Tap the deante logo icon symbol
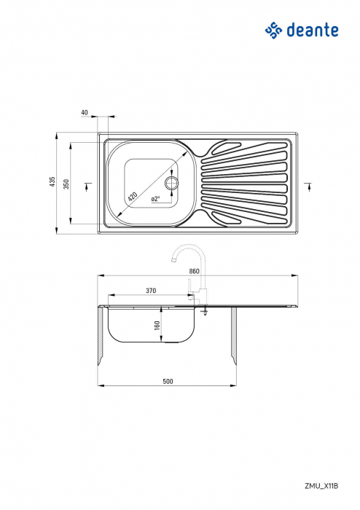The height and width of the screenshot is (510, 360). click(273, 30)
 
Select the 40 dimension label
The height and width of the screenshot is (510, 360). click(85, 113)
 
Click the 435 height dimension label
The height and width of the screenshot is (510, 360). click(52, 182)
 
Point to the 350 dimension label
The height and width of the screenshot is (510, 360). click(66, 184)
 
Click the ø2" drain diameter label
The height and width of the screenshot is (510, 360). click(155, 199)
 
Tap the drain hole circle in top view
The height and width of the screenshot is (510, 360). click(173, 182)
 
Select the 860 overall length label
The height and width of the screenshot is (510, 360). click(194, 271)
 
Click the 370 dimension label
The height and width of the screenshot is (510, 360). click(151, 291)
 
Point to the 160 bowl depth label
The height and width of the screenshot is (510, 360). click(157, 326)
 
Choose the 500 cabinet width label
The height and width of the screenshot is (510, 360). click(168, 380)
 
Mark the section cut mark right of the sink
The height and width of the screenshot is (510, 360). click(309, 186)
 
